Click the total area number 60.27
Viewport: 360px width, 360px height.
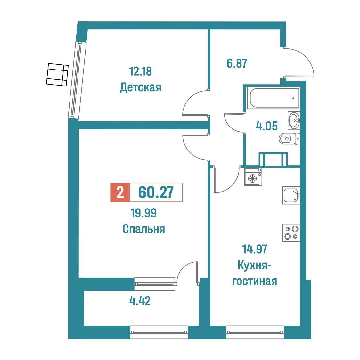[x=156, y=192]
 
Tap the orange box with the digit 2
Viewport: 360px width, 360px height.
[x=120, y=192]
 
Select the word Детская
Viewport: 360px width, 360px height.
[x=141, y=87]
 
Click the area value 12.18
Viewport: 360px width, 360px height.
[x=141, y=71]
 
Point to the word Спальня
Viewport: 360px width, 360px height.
[x=144, y=229]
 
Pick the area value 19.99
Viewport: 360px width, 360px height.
[x=144, y=213]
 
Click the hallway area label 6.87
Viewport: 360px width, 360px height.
[x=237, y=63]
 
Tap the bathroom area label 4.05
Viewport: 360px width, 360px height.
[x=267, y=126]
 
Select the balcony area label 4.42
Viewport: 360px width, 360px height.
[x=140, y=300]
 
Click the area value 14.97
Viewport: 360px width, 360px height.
[x=255, y=249]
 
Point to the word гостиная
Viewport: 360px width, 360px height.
[x=255, y=281]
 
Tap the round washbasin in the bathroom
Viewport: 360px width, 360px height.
[x=294, y=120]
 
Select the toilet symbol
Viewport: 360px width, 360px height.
[x=289, y=139]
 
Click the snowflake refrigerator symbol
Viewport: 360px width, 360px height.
[x=253, y=177]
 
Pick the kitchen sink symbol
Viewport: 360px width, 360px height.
[x=291, y=195]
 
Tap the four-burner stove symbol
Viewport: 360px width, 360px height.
[x=291, y=233]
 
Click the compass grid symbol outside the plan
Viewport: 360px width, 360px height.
[x=57, y=75]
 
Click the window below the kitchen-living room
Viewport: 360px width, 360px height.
[x=255, y=332]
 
